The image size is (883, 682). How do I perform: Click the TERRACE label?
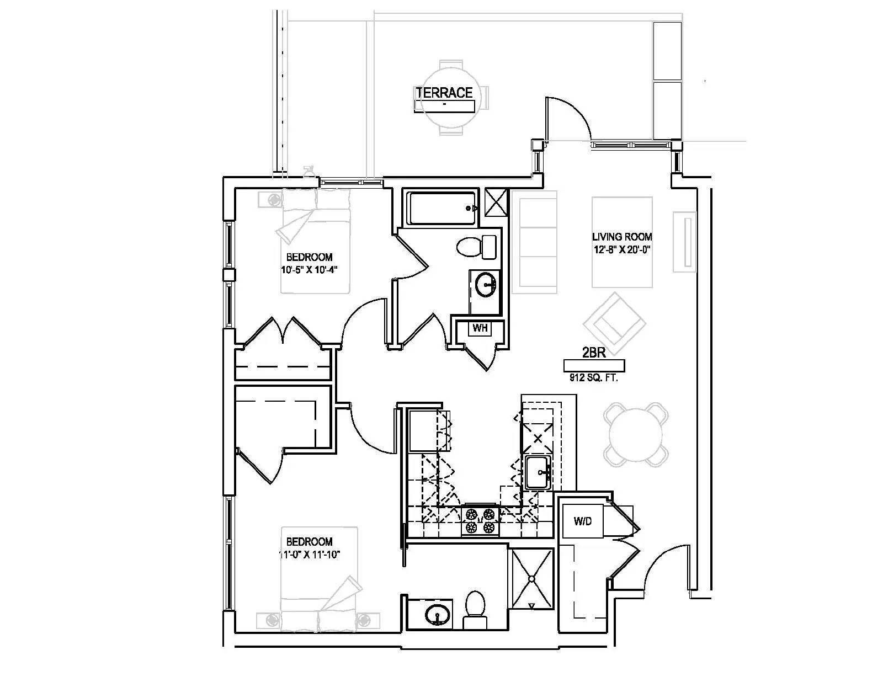pyautogui.click(x=444, y=93)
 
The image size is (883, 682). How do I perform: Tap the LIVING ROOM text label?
pyautogui.click(x=622, y=236)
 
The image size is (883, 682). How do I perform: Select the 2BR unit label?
pyautogui.click(x=594, y=353)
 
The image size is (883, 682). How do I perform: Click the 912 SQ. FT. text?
pyautogui.click(x=594, y=378)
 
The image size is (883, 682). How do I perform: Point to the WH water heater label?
pyautogui.click(x=480, y=327)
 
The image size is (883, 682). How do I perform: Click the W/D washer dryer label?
pyautogui.click(x=582, y=521)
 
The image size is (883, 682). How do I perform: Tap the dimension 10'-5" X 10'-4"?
pyautogui.click(x=309, y=270)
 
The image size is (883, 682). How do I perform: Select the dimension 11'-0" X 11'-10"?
pyautogui.click(x=309, y=555)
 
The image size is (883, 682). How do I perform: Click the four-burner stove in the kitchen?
pyautogui.click(x=480, y=521)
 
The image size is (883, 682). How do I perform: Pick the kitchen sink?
pyautogui.click(x=539, y=472)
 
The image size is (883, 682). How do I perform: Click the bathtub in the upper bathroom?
pyautogui.click(x=441, y=208)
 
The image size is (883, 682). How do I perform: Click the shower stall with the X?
pyautogui.click(x=531, y=579)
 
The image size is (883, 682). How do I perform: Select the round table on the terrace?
pyautogui.click(x=451, y=98)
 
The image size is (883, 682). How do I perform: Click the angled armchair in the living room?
pyautogui.click(x=614, y=323)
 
